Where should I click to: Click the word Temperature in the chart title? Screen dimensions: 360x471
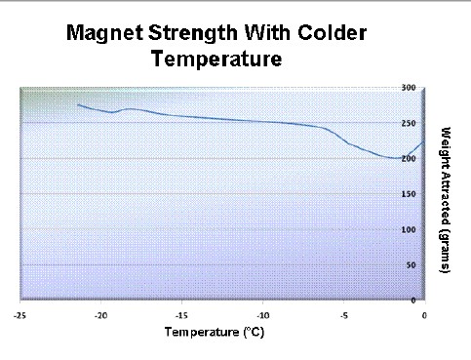[216, 59]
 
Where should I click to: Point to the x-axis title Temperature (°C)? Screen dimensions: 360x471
[215, 332]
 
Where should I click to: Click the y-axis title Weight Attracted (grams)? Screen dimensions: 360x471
[446, 199]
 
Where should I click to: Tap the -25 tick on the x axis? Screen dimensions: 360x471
[19, 315]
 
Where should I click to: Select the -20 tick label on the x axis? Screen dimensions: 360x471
[99, 315]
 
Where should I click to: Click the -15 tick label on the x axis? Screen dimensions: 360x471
[180, 315]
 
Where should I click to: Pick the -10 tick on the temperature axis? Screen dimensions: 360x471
[262, 315]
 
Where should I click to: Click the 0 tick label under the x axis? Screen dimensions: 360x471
[424, 315]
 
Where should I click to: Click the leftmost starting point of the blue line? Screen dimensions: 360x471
[78, 104]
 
